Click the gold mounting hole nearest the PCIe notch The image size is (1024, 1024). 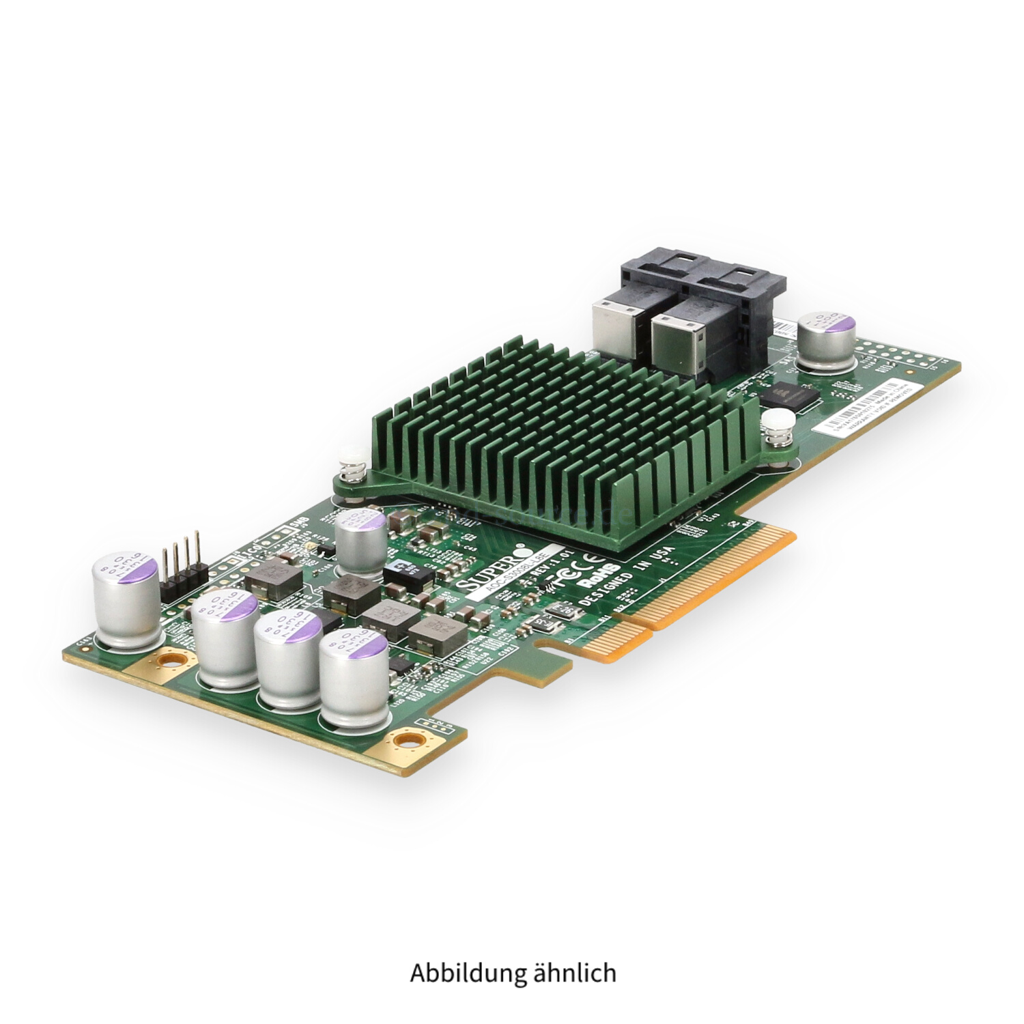[x=410, y=738]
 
